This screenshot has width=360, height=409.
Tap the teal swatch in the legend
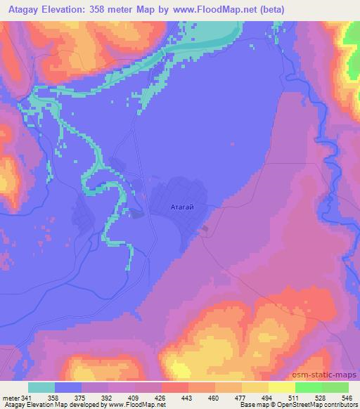pyautogui.click(x=41, y=387)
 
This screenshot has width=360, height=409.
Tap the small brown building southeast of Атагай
pyautogui.click(x=205, y=228)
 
